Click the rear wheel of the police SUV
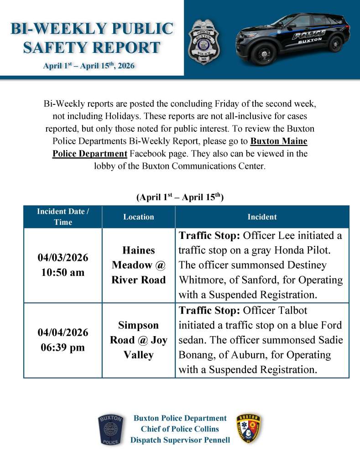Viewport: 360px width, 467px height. [335, 44]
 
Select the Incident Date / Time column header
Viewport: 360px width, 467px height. [63, 217]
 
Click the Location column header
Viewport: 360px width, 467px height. [139, 217]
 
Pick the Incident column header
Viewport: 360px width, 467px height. [262, 217]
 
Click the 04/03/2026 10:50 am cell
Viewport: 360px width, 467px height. [63, 265]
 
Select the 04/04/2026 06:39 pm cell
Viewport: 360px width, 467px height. [63, 340]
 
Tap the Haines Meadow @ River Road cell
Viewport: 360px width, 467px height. [139, 265]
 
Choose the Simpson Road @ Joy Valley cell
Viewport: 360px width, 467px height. [139, 340]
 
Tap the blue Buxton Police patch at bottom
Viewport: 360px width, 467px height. [110, 430]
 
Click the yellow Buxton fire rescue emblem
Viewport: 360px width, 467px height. [249, 429]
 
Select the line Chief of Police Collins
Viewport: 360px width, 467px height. [180, 429]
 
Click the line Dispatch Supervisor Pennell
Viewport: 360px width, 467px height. [180, 440]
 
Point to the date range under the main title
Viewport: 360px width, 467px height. [89, 66]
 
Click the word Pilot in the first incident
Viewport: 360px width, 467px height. [328, 250]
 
